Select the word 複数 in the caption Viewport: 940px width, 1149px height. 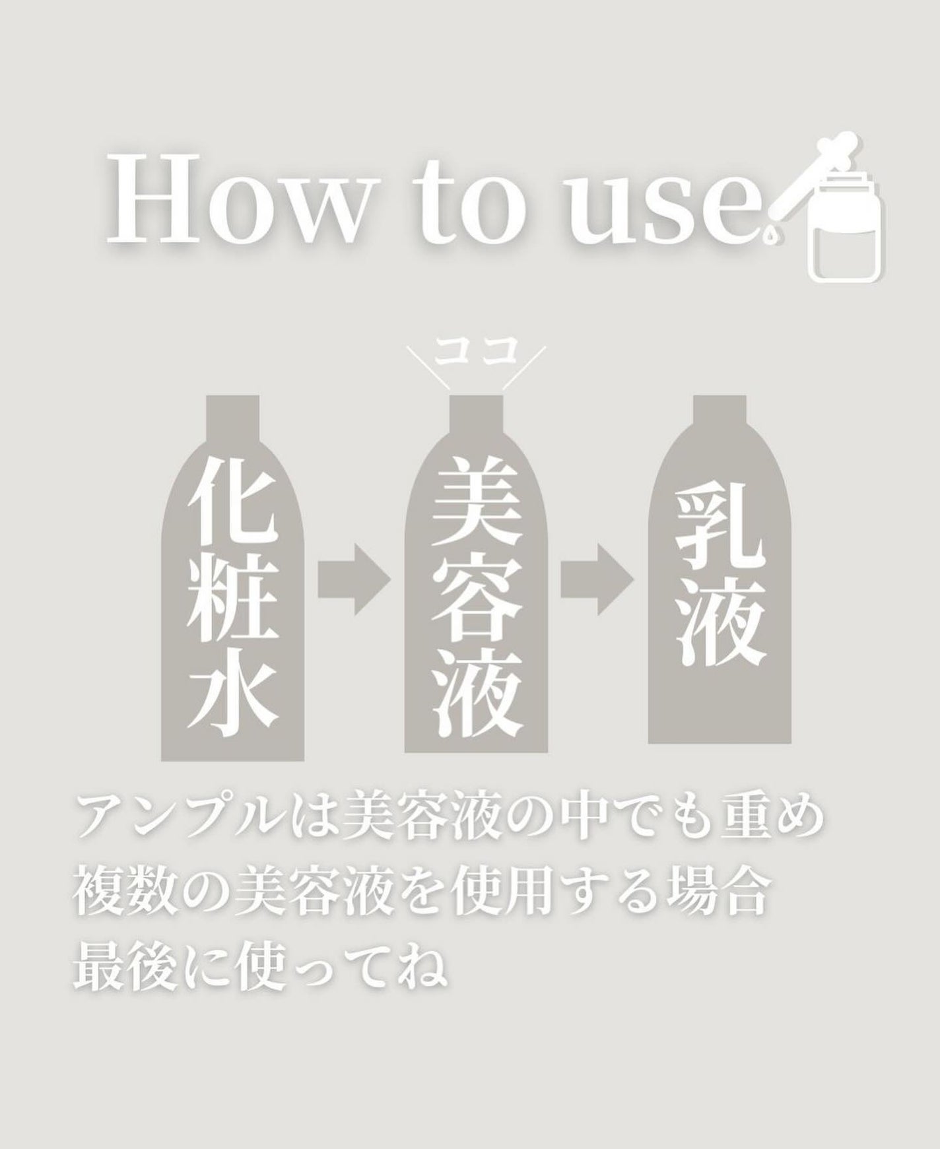(126, 896)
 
